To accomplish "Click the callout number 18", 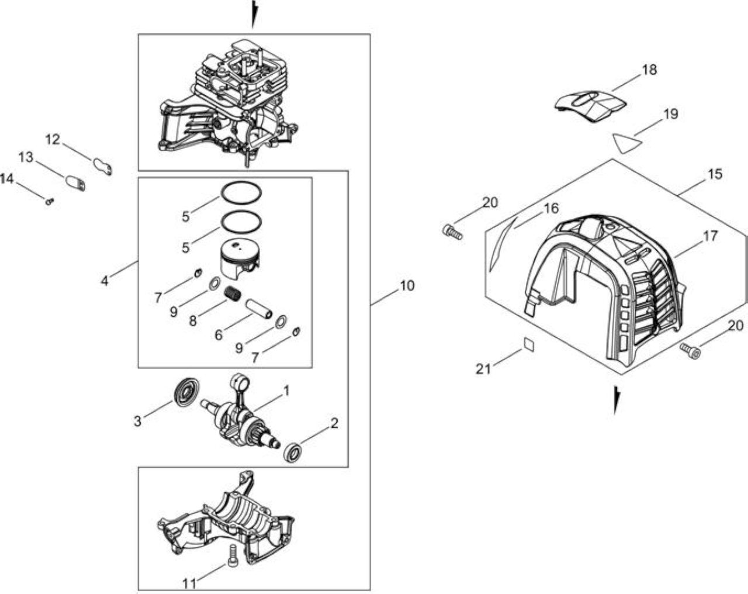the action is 649,70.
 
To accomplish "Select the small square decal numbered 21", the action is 529,344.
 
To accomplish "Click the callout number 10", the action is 407,286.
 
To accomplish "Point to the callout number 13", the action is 25,157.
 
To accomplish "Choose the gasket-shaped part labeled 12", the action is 103,166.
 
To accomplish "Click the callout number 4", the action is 104,280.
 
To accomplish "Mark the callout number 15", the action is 715,174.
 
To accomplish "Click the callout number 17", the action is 710,236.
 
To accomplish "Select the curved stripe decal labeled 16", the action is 502,243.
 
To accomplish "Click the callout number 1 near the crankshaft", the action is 286,391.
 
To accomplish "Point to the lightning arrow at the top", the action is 254,13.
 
